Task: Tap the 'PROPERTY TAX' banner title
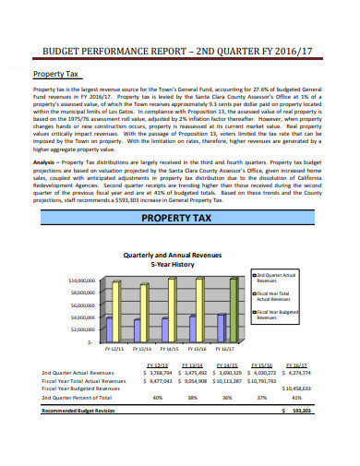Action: coord(179,219)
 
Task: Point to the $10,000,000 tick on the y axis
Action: coord(82,279)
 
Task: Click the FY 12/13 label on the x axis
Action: coord(116,350)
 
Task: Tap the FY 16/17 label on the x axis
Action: coord(223,350)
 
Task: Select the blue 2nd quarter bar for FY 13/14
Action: coord(138,329)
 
